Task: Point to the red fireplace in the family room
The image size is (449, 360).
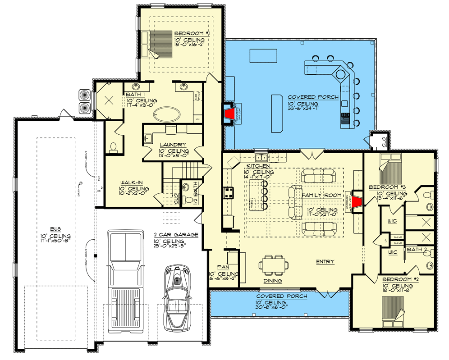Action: point(357,202)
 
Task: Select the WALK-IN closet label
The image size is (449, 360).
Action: point(131,182)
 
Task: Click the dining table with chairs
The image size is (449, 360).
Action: point(273,264)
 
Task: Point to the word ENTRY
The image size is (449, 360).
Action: point(325,262)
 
